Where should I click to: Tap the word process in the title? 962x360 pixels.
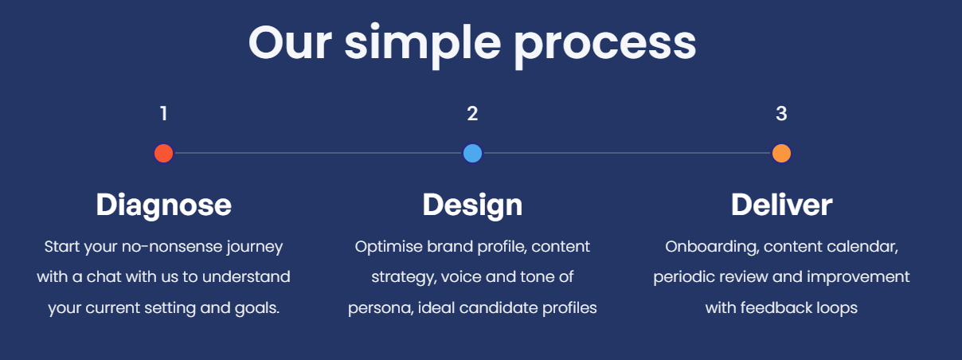tap(604, 47)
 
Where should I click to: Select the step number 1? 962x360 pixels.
tap(163, 114)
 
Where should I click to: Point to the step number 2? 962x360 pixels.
tap(472, 114)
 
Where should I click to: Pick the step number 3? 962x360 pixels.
tap(781, 114)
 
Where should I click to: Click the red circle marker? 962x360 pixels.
tap(163, 154)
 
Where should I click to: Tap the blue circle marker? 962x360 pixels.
tap(472, 154)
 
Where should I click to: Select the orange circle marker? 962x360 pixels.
tap(781, 154)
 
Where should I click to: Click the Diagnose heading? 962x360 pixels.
tap(163, 205)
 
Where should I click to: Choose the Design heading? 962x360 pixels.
tap(472, 205)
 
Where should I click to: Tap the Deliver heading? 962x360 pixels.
tap(782, 205)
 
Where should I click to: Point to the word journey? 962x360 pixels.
tap(255, 248)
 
